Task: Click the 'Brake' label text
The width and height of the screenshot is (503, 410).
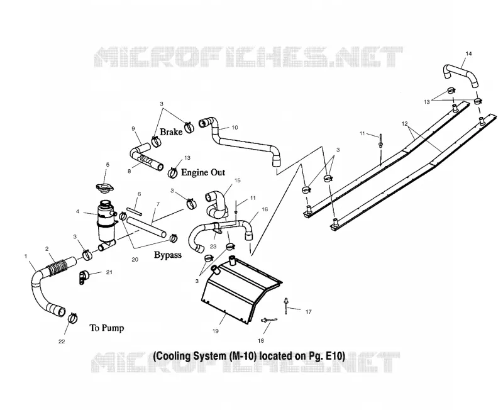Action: click(171, 132)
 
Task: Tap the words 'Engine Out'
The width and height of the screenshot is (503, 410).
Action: click(203, 172)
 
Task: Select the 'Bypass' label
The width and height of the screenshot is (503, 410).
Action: click(168, 255)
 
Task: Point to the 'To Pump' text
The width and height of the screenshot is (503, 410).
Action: click(107, 328)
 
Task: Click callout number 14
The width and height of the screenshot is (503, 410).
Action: click(468, 53)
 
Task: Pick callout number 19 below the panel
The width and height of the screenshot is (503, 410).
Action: click(215, 331)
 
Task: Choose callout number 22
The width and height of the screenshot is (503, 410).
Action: click(61, 341)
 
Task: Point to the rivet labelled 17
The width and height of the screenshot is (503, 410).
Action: click(285, 306)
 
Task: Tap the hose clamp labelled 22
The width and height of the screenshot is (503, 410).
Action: click(73, 318)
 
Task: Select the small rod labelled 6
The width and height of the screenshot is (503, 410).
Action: click(134, 212)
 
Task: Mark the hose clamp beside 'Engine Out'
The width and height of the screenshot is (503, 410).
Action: click(172, 172)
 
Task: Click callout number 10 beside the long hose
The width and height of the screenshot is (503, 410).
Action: click(235, 128)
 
